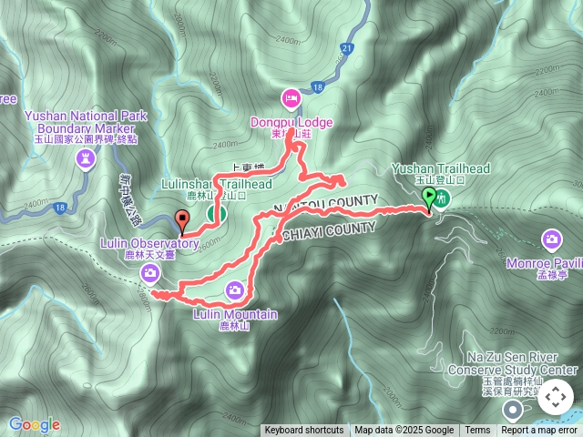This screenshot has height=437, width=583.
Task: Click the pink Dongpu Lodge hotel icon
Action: pos(291,97)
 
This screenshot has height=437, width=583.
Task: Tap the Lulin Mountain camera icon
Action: pos(235,290)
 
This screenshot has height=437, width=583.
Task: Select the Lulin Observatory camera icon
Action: pos(148,272)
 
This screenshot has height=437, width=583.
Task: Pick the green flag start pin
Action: pos(428,197)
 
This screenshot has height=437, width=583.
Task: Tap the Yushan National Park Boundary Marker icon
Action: pos(86,160)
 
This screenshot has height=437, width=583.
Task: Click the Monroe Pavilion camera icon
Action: pos(551,239)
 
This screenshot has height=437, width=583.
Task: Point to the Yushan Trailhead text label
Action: pos(441,168)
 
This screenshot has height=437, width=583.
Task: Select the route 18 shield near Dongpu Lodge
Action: pos(317,87)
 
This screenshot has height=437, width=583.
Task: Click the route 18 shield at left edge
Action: pos(59,208)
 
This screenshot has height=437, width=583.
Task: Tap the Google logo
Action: pos(34,424)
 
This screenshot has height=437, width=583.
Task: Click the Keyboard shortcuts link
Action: pos(304,431)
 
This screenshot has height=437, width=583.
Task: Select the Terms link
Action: pos(477,431)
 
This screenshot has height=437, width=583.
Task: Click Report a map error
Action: pos(540,431)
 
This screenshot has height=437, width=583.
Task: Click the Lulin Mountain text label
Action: pos(236,314)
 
